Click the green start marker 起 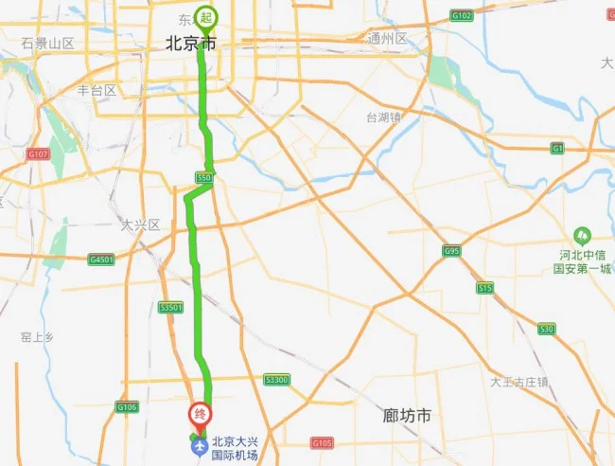click(x=206, y=17)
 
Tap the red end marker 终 click(x=200, y=414)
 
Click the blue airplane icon click(x=200, y=444)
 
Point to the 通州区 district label click(x=387, y=39)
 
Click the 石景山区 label click(x=47, y=44)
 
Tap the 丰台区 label click(x=96, y=91)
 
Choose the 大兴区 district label click(x=141, y=224)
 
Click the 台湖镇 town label click(x=384, y=117)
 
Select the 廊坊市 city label click(x=407, y=416)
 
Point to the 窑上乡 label click(x=39, y=336)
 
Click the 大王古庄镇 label click(x=519, y=382)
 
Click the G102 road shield click(x=462, y=15)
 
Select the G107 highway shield click(x=38, y=153)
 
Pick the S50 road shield click(x=203, y=177)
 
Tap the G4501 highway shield click(x=101, y=258)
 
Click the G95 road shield click(x=450, y=251)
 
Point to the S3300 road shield click(x=276, y=380)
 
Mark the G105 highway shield click(x=323, y=442)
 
